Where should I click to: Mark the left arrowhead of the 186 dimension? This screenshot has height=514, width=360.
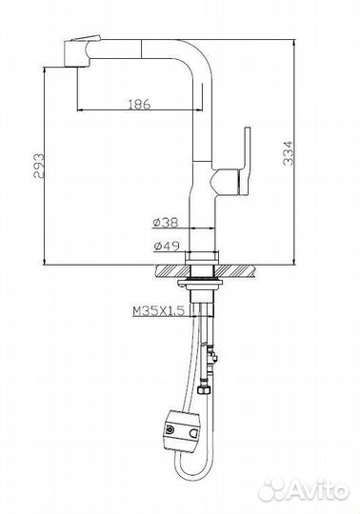click(79, 110)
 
